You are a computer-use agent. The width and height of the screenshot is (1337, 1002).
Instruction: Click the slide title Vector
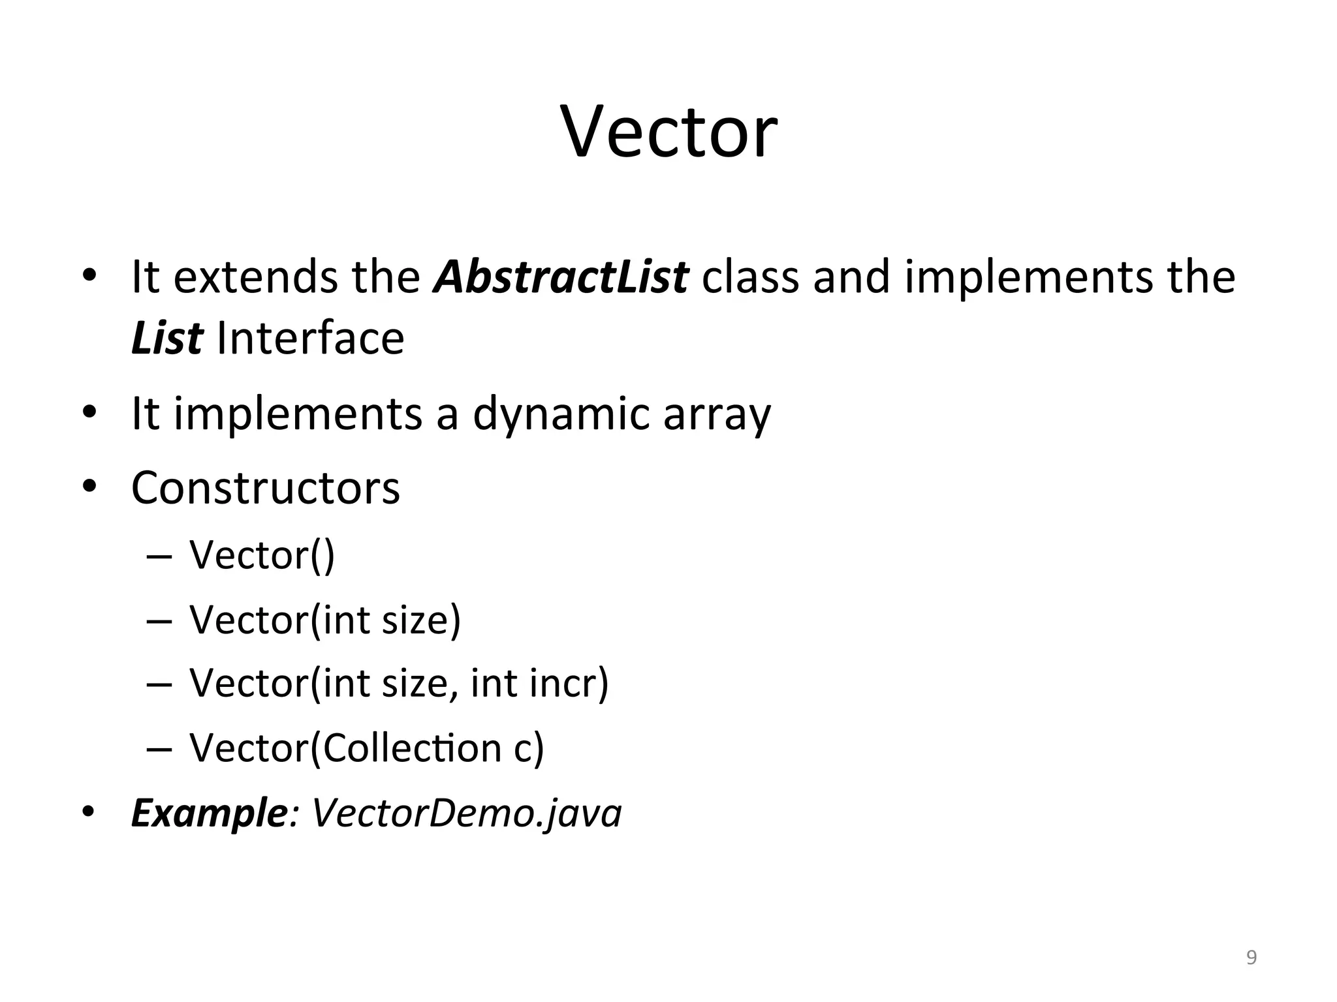click(669, 133)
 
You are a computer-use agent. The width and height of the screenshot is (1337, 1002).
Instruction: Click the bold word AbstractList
click(561, 277)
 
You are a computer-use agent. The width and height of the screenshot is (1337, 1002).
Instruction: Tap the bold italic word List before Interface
click(166, 339)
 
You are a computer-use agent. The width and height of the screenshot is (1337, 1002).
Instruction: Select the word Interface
click(310, 339)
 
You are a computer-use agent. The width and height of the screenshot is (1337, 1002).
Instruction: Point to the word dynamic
click(561, 414)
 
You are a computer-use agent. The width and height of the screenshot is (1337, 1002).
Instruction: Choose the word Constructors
click(265, 488)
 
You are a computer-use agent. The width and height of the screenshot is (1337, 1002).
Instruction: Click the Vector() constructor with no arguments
click(262, 555)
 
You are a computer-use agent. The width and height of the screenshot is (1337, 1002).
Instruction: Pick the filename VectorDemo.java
click(467, 813)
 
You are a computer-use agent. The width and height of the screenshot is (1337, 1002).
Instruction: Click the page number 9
click(1251, 958)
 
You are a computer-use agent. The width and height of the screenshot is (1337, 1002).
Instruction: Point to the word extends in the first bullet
click(256, 277)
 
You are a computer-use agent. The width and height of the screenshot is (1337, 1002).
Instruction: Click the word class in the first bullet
click(750, 277)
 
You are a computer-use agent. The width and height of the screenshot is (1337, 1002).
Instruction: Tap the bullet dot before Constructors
click(89, 487)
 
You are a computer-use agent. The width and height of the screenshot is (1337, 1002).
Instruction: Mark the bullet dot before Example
click(89, 812)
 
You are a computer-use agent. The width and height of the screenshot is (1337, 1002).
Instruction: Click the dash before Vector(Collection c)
click(159, 748)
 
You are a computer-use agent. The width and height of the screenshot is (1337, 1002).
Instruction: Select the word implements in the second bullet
click(298, 414)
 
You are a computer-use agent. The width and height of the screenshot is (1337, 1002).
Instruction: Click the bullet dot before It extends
click(89, 275)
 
